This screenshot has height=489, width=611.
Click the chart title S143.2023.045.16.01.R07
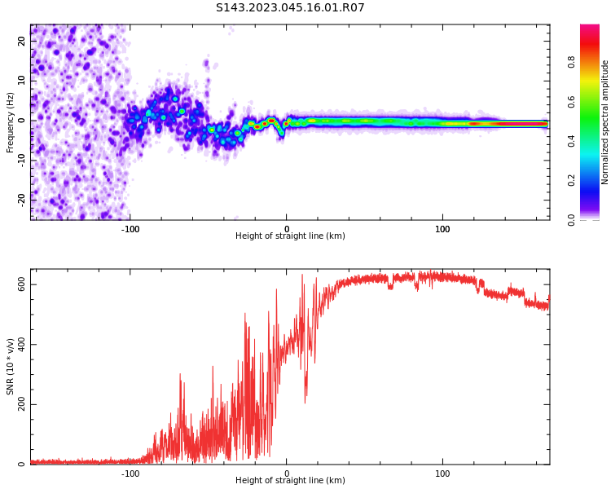click(x=290, y=8)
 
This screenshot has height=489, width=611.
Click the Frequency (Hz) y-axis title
click(x=11, y=122)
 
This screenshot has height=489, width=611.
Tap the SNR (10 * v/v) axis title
click(x=11, y=367)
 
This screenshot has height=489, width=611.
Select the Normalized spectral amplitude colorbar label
click(x=605, y=122)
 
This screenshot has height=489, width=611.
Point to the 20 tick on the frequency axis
click(x=22, y=41)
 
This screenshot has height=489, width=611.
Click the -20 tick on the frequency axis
click(x=22, y=198)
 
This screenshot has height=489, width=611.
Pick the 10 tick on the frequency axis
click(x=22, y=81)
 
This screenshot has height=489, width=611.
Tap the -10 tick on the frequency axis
click(x=22, y=159)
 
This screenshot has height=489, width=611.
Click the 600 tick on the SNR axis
click(x=22, y=284)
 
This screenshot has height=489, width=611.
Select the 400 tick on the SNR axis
click(x=22, y=344)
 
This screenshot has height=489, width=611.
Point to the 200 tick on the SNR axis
click(x=22, y=404)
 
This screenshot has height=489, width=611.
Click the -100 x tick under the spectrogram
click(x=130, y=229)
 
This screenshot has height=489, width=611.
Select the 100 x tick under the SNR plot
click(x=442, y=474)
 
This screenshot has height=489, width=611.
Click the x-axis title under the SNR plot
click(x=290, y=481)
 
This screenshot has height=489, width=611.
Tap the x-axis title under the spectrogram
click(x=290, y=236)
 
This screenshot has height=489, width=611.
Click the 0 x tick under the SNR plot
click(x=287, y=474)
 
